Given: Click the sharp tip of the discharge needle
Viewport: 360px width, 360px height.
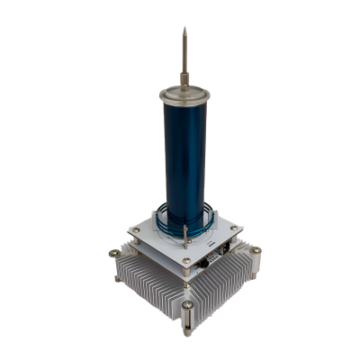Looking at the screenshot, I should tap(184, 28).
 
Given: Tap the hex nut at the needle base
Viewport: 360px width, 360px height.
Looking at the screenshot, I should tap(184, 79).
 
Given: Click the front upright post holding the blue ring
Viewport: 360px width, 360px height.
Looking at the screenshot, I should tap(184, 237).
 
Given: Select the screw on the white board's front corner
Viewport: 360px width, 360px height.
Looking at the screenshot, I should tap(186, 262).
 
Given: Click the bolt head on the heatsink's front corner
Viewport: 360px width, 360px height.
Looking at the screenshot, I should tap(186, 305).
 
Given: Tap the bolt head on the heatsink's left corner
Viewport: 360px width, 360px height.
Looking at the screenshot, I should tap(115, 256).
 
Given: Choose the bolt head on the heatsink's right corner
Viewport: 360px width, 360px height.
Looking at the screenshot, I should tap(256, 251).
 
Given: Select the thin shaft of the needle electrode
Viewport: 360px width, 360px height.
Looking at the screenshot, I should tap(184, 54).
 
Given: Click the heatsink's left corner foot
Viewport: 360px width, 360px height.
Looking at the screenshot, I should tap(116, 275).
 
